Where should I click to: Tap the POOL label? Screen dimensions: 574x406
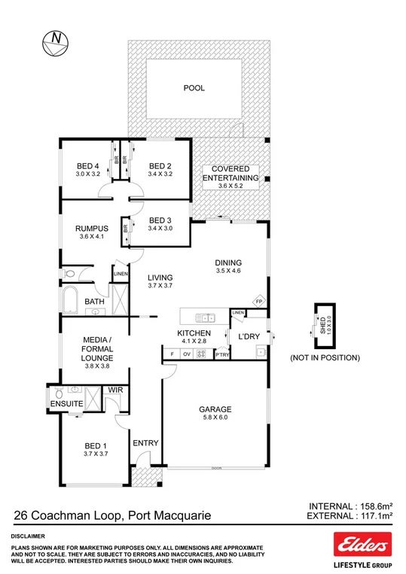point(194,88)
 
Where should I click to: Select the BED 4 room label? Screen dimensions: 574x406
point(87,166)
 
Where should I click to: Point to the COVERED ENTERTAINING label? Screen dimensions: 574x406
point(235,174)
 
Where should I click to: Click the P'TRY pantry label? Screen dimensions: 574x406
point(222,354)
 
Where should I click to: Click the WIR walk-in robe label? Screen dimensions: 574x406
point(115,390)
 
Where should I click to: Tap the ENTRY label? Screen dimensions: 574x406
point(145,443)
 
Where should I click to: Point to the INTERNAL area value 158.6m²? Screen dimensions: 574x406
point(371,506)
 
